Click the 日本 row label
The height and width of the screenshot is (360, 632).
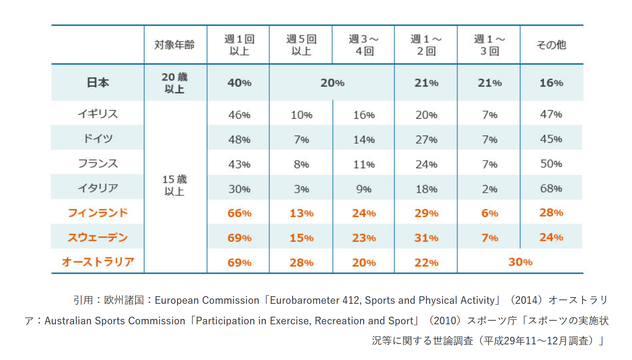(98, 83)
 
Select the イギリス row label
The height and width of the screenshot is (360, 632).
(98, 114)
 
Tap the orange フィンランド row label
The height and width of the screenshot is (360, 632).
(98, 213)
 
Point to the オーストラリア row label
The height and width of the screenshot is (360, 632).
(98, 262)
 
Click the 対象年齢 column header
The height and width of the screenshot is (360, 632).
(175, 45)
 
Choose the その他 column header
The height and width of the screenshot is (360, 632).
(551, 45)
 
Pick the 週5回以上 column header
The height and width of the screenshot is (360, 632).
(301, 45)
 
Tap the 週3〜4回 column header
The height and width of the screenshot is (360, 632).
(364, 45)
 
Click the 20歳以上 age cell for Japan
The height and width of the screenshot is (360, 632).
(175, 83)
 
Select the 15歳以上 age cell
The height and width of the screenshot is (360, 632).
(175, 186)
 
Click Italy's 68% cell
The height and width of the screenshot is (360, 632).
(551, 188)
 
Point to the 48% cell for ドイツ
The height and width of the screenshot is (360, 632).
(239, 139)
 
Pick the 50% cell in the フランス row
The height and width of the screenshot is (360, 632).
(551, 164)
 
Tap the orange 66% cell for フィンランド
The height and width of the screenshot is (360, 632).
(239, 213)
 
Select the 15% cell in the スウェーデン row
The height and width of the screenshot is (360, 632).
(302, 238)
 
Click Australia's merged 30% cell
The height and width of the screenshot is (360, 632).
(520, 262)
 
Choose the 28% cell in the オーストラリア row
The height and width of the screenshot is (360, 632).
(302, 262)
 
